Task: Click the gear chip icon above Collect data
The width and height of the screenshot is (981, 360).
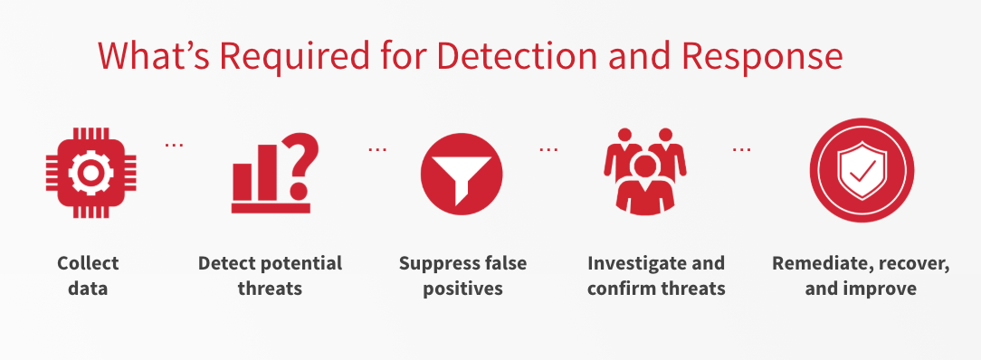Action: [90, 173]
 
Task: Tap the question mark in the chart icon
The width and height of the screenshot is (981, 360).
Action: [300, 166]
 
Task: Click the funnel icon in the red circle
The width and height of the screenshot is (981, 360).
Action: [462, 175]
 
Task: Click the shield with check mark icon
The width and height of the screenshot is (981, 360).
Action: [862, 170]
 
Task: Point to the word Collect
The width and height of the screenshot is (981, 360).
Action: [88, 262]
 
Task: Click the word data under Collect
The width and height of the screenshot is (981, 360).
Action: [88, 289]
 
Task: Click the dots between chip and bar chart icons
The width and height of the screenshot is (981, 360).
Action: [174, 145]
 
